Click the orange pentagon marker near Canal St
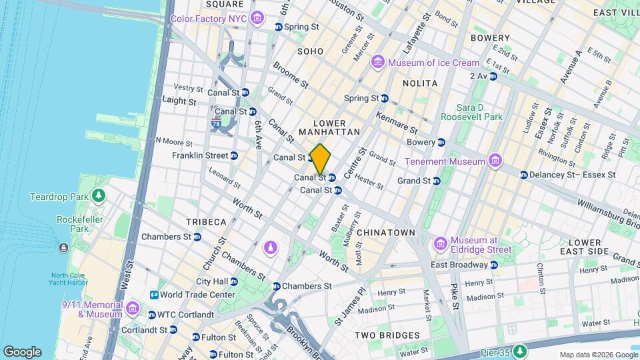click(321, 159)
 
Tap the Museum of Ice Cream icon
click(378, 63)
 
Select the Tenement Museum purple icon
click(494, 161)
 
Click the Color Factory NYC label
click(209, 19)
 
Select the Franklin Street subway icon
click(233, 155)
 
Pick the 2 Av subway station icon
click(493, 76)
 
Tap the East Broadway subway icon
click(493, 265)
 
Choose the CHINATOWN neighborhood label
click(386, 232)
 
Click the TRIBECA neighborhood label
click(206, 221)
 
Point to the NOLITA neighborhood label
click(420, 83)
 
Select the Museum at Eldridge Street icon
click(439, 245)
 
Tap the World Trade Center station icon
click(154, 294)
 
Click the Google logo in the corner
click(22, 352)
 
